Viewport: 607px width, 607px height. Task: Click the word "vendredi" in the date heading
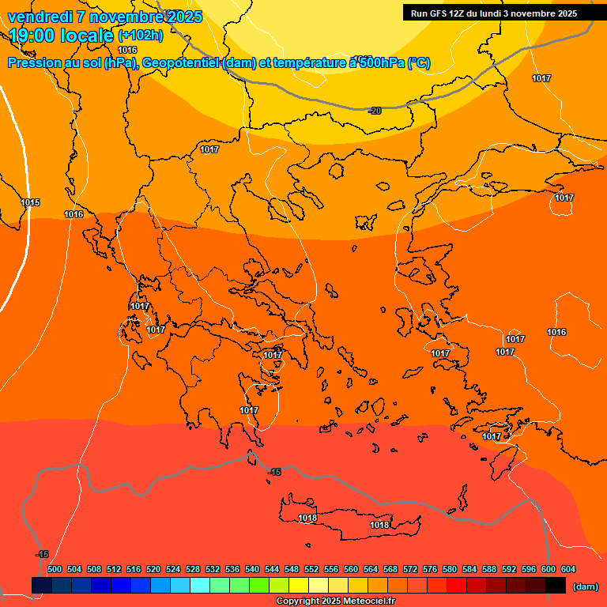[x=40, y=17]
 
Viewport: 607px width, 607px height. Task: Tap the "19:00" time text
[x=32, y=36]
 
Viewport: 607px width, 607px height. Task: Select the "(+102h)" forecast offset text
[x=140, y=36]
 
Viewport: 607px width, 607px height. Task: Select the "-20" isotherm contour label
[x=375, y=111]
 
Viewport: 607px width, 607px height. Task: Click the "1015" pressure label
[x=30, y=203]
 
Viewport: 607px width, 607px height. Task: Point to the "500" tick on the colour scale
[x=55, y=569]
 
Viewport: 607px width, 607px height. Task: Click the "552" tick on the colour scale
[x=311, y=569]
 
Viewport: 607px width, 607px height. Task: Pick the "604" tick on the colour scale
[x=568, y=569]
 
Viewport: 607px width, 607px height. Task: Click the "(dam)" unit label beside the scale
[x=585, y=586]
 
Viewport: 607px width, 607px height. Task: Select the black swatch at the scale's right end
[x=556, y=586]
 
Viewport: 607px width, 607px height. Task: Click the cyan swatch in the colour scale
[x=200, y=586]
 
